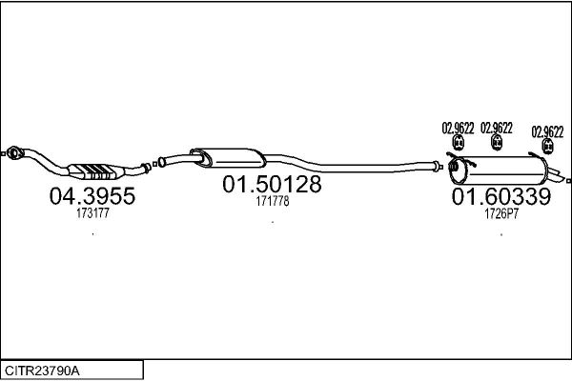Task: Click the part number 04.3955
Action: point(92,196)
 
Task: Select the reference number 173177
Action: point(92,213)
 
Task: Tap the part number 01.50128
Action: point(272,184)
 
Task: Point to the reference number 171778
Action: point(273,201)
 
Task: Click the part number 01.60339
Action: point(501,196)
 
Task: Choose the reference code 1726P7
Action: point(501,213)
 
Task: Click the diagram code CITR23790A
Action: point(42,371)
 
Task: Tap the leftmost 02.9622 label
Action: point(458,128)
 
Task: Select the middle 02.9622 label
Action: point(497,128)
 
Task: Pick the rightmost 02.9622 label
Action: point(547,132)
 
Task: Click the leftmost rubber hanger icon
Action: point(459,142)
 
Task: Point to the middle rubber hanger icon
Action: point(497,142)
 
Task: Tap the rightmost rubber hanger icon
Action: point(547,146)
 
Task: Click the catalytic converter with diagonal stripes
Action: point(95,171)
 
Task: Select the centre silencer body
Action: point(229,158)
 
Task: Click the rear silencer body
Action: point(499,170)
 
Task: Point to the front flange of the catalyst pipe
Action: point(13,153)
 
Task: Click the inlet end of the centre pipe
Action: point(162,162)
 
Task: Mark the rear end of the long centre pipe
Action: point(435,167)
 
